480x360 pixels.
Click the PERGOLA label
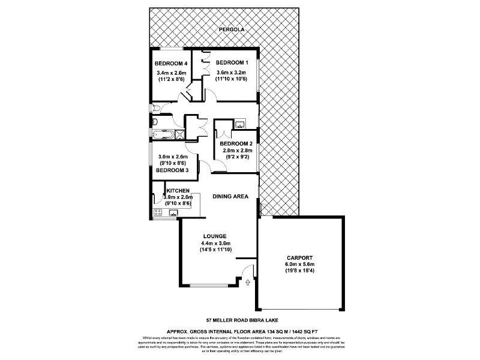click(230, 29)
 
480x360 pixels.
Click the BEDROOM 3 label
click(172, 170)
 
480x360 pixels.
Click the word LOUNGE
click(214, 236)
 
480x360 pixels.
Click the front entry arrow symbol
click(248, 280)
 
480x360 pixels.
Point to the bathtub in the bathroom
click(161, 135)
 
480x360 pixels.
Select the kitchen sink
click(173, 212)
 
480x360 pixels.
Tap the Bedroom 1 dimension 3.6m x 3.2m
click(232, 71)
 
